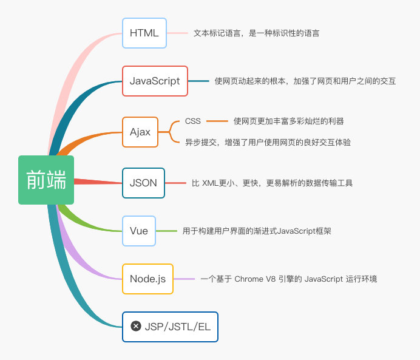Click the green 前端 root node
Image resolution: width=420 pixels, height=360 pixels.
(46, 180)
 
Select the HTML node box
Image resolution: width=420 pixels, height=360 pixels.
(144, 33)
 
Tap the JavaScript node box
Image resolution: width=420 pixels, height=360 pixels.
(155, 81)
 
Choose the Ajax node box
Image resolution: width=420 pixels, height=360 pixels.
(140, 132)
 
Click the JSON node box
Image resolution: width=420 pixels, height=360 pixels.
(143, 183)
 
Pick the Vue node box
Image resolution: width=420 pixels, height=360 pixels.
(139, 231)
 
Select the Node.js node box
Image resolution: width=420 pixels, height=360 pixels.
(147, 279)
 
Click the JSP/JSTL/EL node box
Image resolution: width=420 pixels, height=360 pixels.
(170, 327)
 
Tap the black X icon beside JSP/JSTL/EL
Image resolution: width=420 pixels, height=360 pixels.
(136, 327)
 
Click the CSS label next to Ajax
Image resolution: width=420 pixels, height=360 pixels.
(192, 121)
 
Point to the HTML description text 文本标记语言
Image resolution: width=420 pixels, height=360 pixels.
(256, 33)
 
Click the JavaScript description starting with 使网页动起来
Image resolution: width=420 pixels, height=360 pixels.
(305, 81)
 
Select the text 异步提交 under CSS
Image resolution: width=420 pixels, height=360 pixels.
(268, 142)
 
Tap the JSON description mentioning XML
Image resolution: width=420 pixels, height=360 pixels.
(272, 183)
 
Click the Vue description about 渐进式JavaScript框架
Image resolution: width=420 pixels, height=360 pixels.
(256, 231)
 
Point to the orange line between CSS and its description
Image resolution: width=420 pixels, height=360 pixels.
(217, 121)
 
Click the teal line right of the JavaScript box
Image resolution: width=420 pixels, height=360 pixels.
(198, 81)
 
